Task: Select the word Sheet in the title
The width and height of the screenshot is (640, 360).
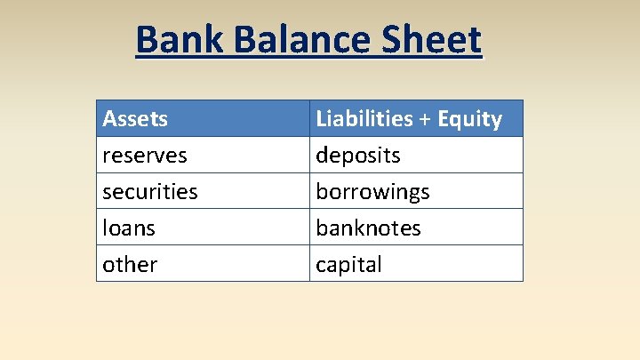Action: coord(433,40)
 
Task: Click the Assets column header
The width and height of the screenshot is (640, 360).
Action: coord(135,119)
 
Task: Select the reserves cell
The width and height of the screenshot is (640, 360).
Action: coord(145,156)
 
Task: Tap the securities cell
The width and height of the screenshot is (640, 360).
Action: coord(150,192)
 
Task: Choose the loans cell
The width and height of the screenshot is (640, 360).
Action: coord(129,228)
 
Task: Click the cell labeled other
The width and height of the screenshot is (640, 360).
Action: coord(130,265)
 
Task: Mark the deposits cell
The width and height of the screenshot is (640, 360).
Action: coord(358,156)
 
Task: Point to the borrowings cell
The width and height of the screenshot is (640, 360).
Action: coord(372,192)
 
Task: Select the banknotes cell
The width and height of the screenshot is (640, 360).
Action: coord(368,228)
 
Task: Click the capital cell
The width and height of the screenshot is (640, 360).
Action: coord(348,265)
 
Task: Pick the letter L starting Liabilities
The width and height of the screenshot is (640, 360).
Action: coord(321,119)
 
